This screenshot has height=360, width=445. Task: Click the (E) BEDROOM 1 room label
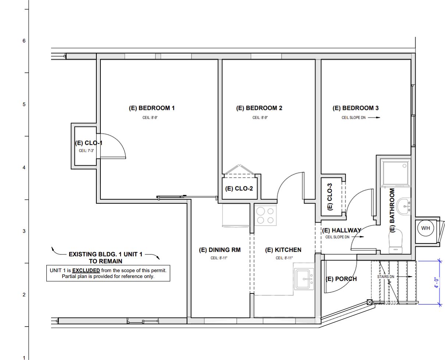tap(152, 108)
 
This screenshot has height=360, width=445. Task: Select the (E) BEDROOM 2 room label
tap(259, 108)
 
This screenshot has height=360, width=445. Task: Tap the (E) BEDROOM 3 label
tap(355, 108)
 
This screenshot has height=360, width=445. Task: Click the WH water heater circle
tap(426, 228)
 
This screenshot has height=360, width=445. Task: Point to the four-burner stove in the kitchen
tap(266, 215)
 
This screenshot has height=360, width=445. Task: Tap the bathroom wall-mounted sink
tap(404, 206)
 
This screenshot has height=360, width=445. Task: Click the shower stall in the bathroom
tap(396, 173)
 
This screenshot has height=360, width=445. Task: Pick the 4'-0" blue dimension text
tap(437, 282)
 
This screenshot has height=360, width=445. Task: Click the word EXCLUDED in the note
tap(86, 270)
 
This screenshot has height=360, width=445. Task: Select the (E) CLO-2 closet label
tap(239, 189)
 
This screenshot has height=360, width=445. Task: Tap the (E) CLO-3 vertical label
tap(330, 197)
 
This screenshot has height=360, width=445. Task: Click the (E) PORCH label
tap(341, 279)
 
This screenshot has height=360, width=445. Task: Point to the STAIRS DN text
tap(385, 277)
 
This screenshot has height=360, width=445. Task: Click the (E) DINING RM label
tap(220, 250)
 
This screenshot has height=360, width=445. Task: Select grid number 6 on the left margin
tap(24, 41)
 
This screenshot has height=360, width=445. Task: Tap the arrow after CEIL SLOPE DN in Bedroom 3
tap(373, 118)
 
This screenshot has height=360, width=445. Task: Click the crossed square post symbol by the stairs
tap(370, 302)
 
